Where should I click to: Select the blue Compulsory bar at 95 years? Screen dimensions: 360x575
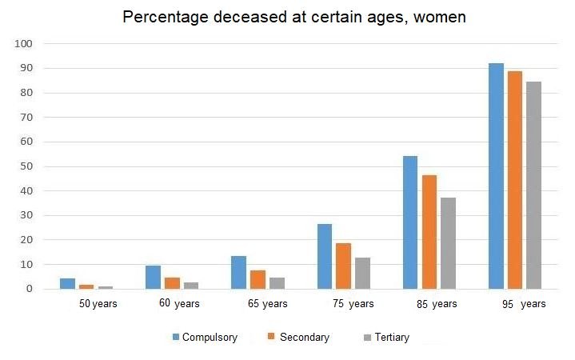point(496,176)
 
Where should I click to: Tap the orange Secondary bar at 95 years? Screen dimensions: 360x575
point(514,180)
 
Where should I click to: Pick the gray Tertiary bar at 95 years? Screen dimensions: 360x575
point(533,185)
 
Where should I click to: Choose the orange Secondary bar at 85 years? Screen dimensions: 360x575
point(429,232)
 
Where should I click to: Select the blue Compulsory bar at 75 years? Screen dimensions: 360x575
point(325,256)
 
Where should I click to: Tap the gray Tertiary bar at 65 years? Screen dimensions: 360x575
point(277,283)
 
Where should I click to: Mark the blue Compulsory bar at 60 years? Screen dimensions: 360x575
point(153,277)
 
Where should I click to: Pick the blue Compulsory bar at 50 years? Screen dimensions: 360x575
point(67,283)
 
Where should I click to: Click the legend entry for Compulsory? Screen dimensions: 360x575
point(205,338)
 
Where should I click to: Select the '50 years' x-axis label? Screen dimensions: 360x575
point(97,304)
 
